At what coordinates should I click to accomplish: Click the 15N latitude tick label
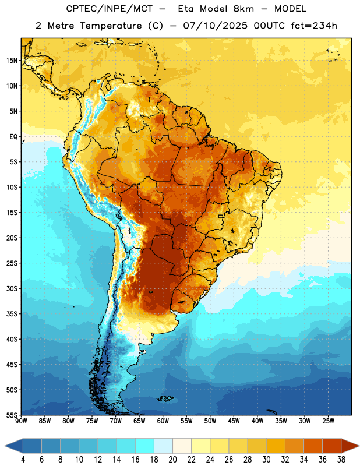click(x=12, y=61)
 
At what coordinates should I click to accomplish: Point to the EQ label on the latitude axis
click(x=13, y=137)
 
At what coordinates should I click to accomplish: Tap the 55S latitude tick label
click(x=12, y=415)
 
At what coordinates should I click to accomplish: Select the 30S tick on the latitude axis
click(x=12, y=288)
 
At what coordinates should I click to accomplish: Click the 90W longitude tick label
click(x=21, y=421)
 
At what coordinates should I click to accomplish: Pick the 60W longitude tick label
click(x=163, y=421)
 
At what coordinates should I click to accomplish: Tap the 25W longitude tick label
click(x=328, y=421)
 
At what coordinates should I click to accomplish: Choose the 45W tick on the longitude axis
click(x=234, y=421)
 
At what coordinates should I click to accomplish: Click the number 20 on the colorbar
click(x=172, y=460)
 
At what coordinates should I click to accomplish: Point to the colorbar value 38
click(x=341, y=460)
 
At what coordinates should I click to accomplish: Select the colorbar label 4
click(x=23, y=460)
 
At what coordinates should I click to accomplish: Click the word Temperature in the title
click(x=111, y=26)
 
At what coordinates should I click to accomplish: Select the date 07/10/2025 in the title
click(x=215, y=26)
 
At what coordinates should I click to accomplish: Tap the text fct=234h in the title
click(x=314, y=26)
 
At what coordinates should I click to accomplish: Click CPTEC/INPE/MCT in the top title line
click(x=109, y=9)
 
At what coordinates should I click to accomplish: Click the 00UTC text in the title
click(x=269, y=26)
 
